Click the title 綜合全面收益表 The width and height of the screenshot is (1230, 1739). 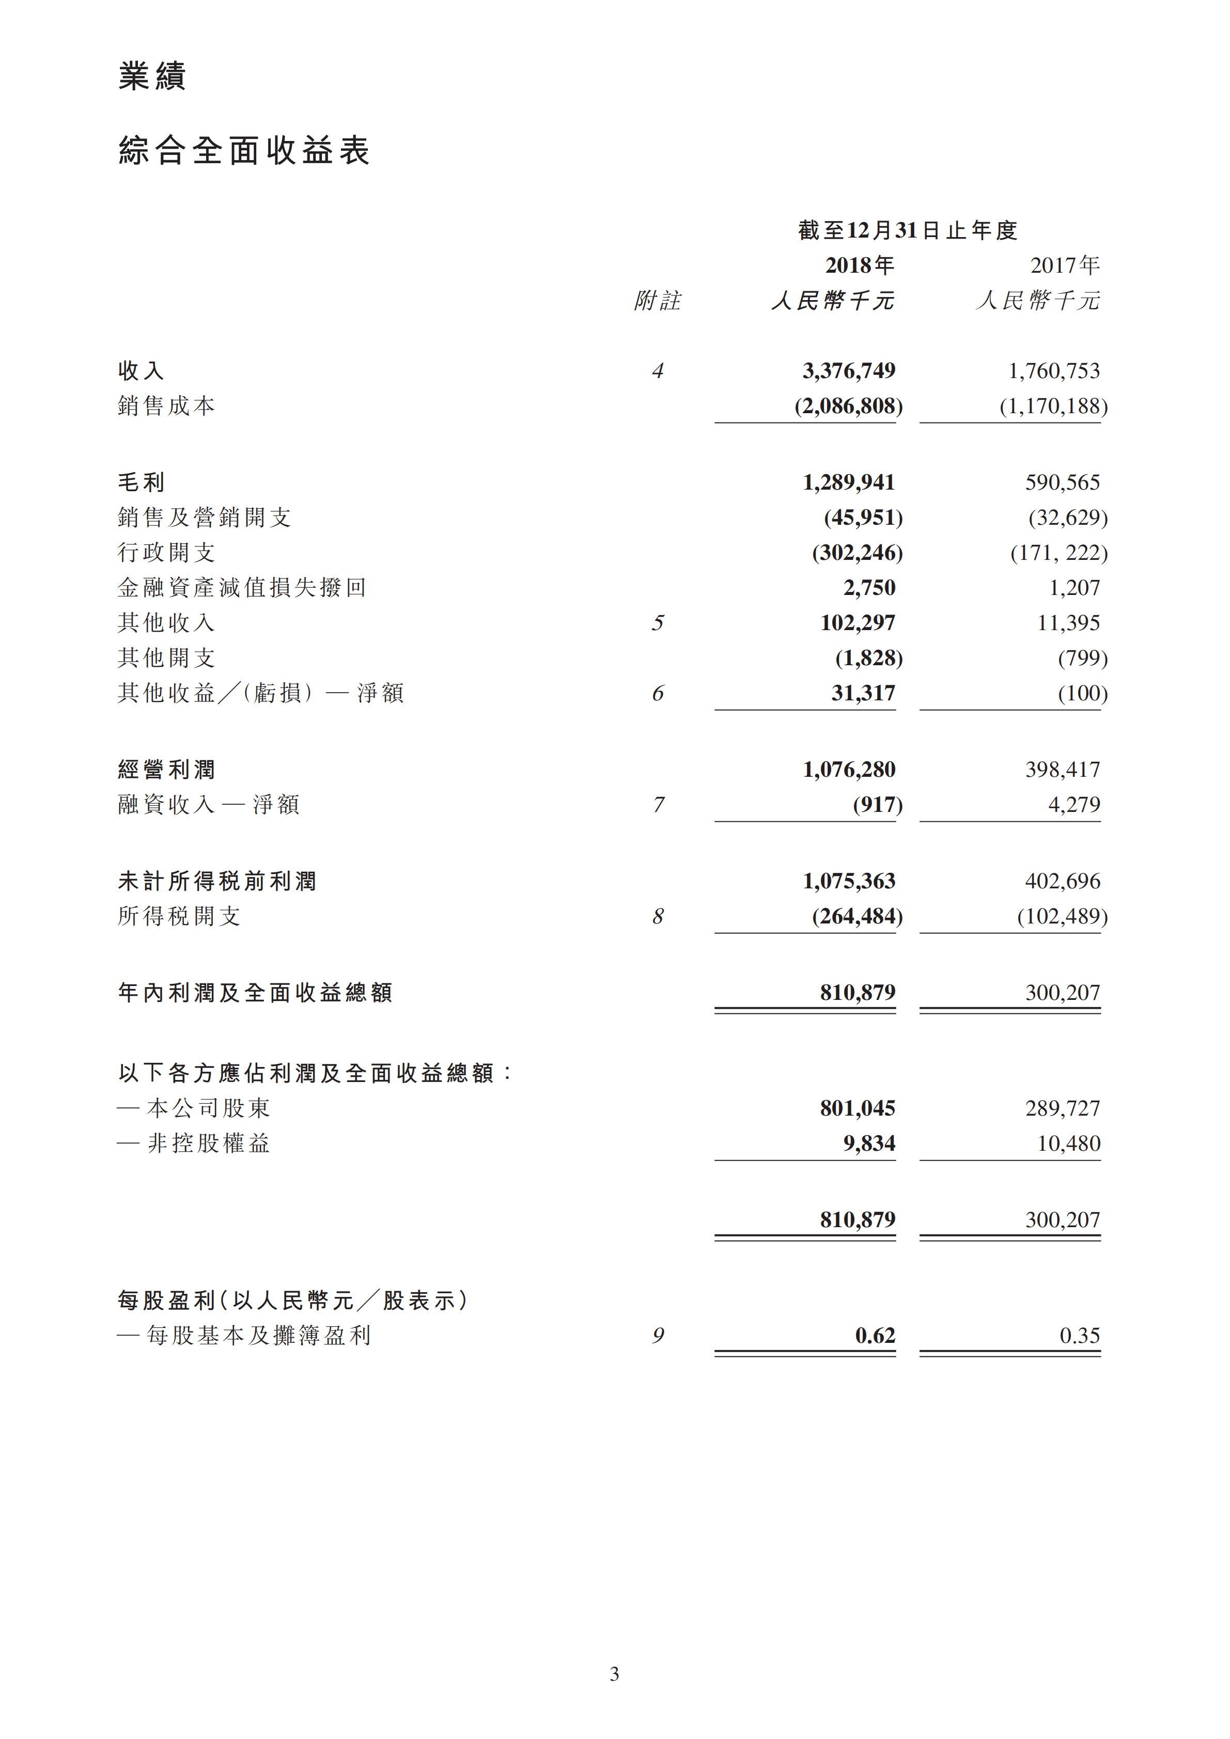coord(244,151)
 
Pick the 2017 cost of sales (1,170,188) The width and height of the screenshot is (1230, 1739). coord(1053,406)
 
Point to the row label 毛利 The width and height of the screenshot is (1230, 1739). coord(141,482)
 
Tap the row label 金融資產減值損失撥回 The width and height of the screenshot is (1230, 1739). coord(242,587)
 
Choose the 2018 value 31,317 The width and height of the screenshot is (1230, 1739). coord(863,693)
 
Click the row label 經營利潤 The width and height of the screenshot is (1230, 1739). coord(167,770)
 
